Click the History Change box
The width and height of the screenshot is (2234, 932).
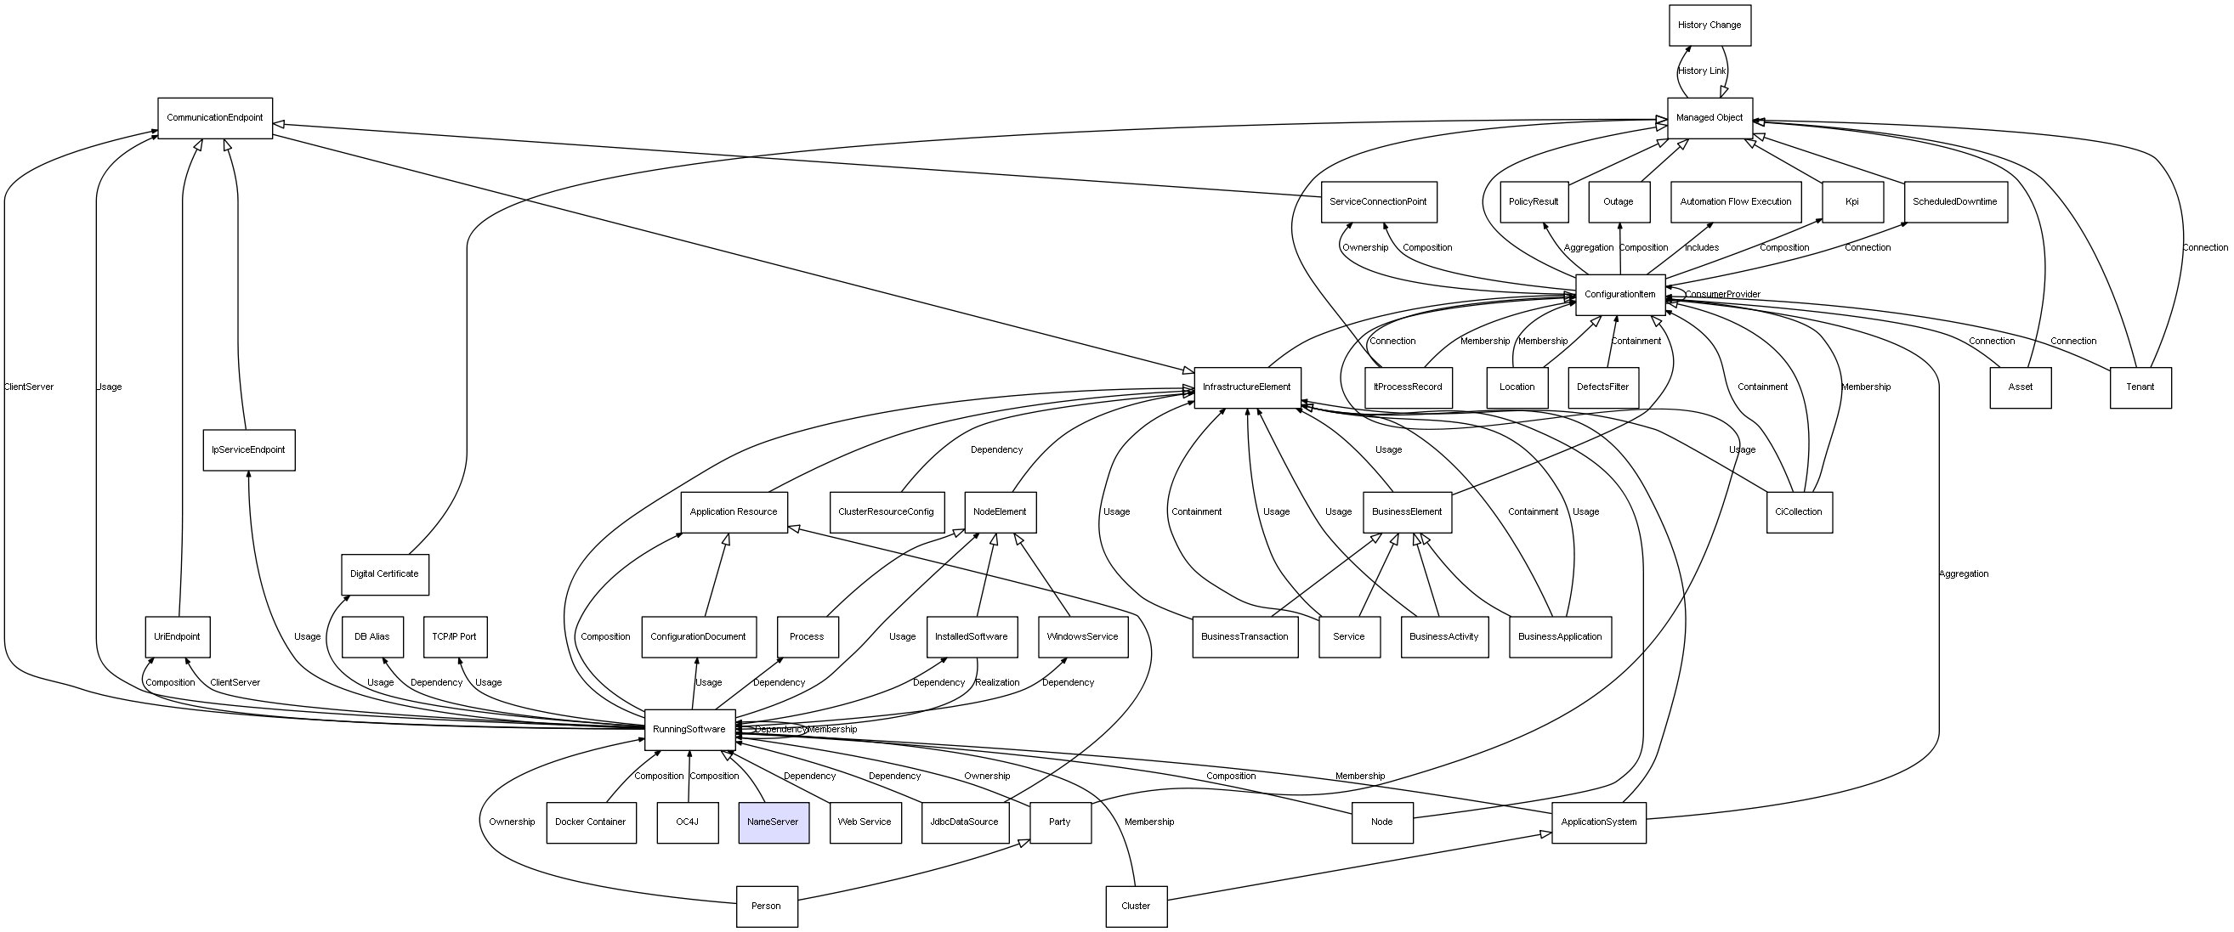click(1709, 25)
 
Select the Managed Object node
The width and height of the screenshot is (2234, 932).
click(1709, 118)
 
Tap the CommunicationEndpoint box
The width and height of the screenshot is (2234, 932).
click(214, 118)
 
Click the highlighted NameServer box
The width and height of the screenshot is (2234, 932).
click(773, 822)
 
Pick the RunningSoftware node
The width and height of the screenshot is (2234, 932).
click(689, 729)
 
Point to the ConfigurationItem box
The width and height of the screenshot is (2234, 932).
click(1619, 295)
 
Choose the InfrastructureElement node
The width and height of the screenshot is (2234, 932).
click(1246, 387)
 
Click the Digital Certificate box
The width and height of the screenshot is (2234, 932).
click(384, 574)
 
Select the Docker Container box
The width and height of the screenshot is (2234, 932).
click(591, 822)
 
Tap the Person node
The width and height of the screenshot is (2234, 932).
click(766, 906)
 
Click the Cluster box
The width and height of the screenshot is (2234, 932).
click(1135, 906)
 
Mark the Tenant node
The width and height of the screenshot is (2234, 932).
click(2140, 387)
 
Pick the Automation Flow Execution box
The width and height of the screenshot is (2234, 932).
click(1734, 202)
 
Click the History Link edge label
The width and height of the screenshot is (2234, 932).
click(1702, 71)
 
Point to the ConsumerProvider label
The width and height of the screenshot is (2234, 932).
click(1722, 295)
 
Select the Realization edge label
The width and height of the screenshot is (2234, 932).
click(997, 683)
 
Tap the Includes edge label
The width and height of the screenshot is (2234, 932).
click(1702, 248)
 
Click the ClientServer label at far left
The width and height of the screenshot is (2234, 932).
click(29, 387)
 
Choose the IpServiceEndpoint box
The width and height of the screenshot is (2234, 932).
click(249, 450)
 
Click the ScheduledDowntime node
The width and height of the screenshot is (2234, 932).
click(1955, 202)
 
